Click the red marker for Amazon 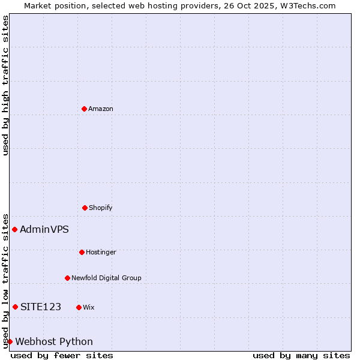[84, 109]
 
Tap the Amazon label [101, 109]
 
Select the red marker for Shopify [85, 208]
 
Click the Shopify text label [101, 208]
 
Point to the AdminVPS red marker [14, 229]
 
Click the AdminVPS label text [44, 229]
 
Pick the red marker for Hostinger [82, 252]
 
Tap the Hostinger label [101, 253]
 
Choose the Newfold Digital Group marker [67, 278]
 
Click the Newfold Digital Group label [106, 278]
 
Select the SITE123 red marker [15, 307]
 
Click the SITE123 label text [41, 307]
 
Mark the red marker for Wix [79, 307]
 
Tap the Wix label [89, 308]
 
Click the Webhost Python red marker [10, 341]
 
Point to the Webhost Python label [54, 342]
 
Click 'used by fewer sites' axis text [62, 355]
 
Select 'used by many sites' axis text [301, 355]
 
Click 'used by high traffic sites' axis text [5, 85]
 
